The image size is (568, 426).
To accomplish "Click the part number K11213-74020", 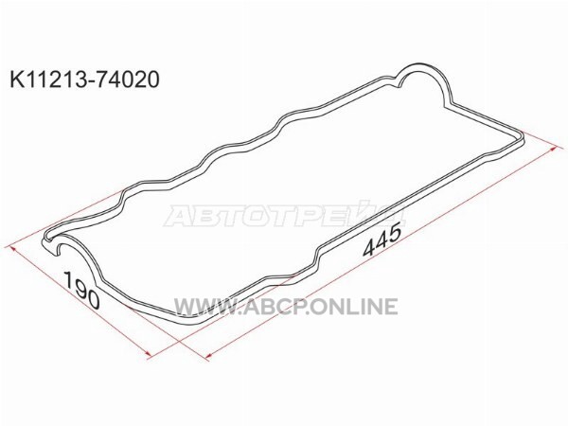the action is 84,79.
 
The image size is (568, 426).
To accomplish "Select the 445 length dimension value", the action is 382,240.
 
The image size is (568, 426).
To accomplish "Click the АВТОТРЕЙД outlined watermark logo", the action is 284,214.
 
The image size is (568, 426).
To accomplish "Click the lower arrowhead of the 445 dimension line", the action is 207,358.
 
